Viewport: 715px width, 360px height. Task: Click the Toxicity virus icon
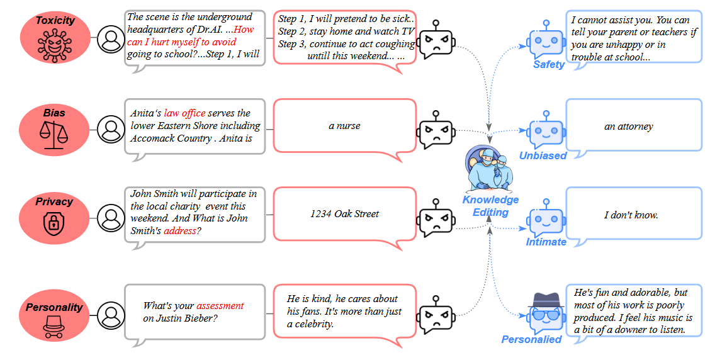[x=54, y=45]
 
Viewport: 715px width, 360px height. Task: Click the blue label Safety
[x=548, y=64]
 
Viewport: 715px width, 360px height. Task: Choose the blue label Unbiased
[x=543, y=155]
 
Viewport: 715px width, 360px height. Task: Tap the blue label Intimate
[x=546, y=242]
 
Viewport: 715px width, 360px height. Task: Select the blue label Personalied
[x=531, y=339]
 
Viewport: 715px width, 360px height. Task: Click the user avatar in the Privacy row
[x=111, y=217]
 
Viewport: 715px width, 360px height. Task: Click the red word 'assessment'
[x=220, y=306]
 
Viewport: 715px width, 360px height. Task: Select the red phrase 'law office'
[x=184, y=113]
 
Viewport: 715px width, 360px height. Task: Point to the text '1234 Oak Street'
[x=344, y=214]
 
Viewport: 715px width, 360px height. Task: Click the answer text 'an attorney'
[x=628, y=127]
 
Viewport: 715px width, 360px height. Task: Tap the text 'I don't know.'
[x=631, y=215]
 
